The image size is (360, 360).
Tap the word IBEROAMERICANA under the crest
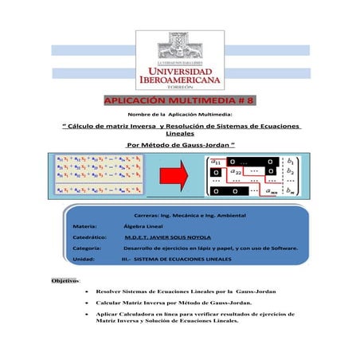point(180,80)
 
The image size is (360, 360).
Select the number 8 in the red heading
point(250,102)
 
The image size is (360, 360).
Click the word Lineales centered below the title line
point(180,135)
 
